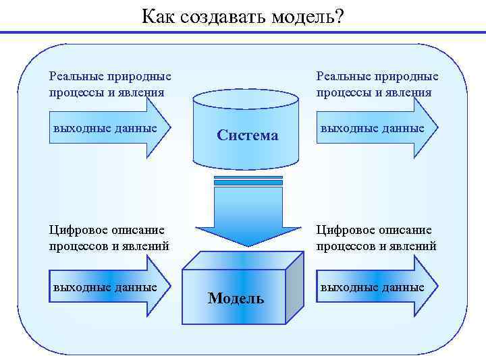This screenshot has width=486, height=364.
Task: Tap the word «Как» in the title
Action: pyautogui.click(x=159, y=16)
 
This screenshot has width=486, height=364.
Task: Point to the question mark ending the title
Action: pyautogui.click(x=338, y=16)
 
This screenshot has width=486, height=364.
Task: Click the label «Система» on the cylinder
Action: pyautogui.click(x=247, y=135)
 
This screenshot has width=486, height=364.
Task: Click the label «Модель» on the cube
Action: pyautogui.click(x=236, y=298)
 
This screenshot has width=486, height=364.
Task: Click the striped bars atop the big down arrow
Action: pyautogui.click(x=248, y=181)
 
